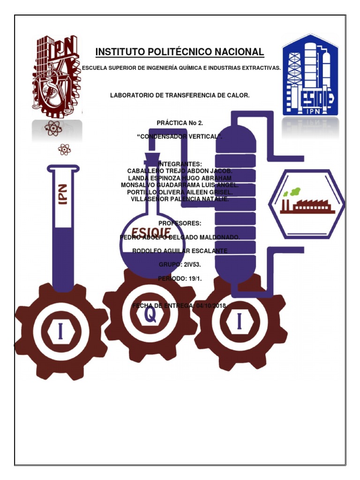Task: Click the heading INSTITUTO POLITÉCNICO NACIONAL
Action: coord(180,52)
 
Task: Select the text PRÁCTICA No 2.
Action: coord(180,123)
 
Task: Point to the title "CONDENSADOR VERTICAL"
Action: coord(180,136)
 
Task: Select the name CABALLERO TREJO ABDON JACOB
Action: coord(180,172)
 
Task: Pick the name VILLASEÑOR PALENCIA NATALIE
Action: coord(180,199)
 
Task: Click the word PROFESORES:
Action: coord(180,223)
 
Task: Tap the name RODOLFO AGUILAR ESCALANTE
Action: coord(180,251)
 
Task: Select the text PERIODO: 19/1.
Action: coord(180,279)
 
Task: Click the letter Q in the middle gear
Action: coord(150,315)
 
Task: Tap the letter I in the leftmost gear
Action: coord(60,331)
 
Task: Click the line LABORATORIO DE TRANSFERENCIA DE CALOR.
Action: coord(180,96)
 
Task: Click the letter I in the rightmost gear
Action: coord(240,322)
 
